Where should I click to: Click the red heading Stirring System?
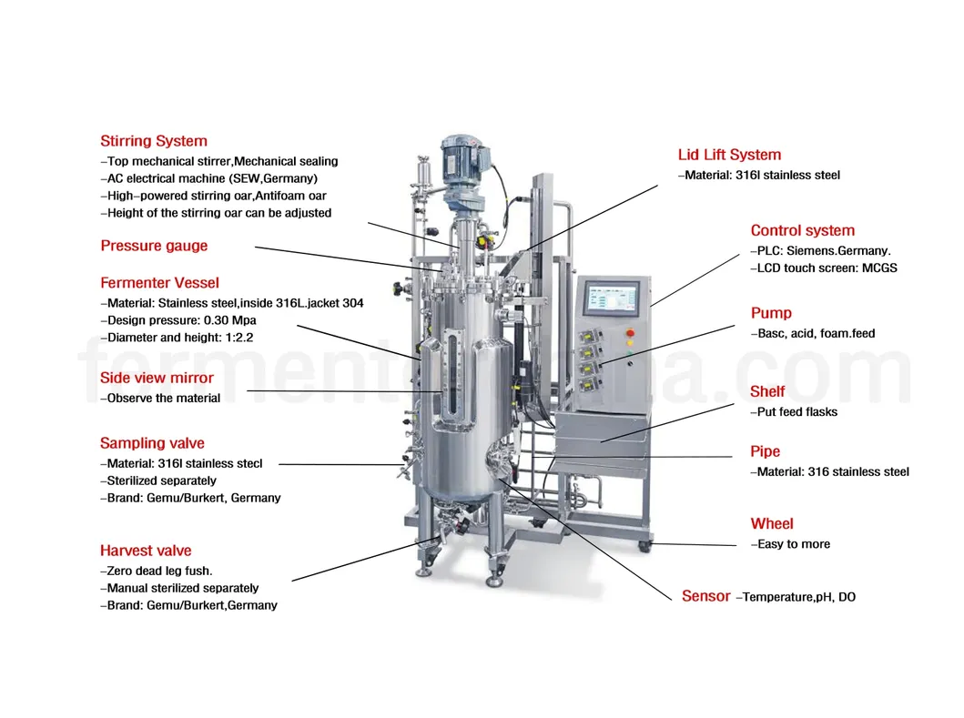point(153,141)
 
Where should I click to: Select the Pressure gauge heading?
point(154,246)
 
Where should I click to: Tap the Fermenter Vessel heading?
point(159,283)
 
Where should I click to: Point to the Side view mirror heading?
point(157,378)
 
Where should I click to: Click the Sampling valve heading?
point(152,443)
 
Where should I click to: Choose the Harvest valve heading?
point(146,551)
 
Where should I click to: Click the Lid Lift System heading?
point(729,155)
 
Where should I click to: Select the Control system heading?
point(802,230)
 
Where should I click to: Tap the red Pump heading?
point(771,313)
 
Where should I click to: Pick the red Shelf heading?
point(767,391)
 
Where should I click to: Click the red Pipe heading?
point(765,451)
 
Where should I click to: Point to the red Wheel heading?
point(772,523)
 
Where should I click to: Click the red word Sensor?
point(705,596)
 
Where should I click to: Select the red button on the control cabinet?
point(629,333)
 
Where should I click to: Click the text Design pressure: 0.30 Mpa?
point(181,320)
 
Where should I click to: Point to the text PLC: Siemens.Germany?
point(823,250)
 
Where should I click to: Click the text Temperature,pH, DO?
point(798,597)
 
